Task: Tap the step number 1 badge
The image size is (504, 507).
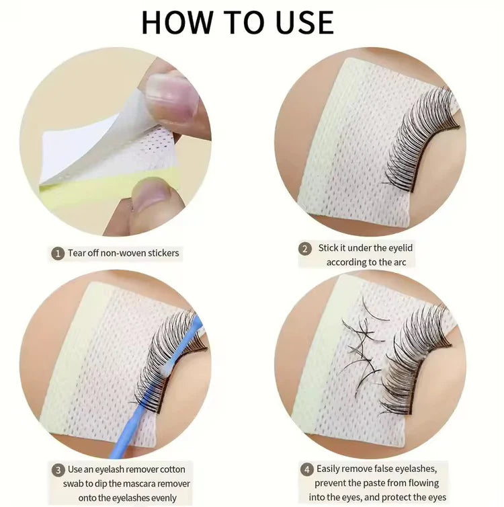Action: coord(58,253)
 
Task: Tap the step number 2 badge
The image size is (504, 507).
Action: coord(305,249)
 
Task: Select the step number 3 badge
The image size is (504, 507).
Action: coord(58,469)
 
